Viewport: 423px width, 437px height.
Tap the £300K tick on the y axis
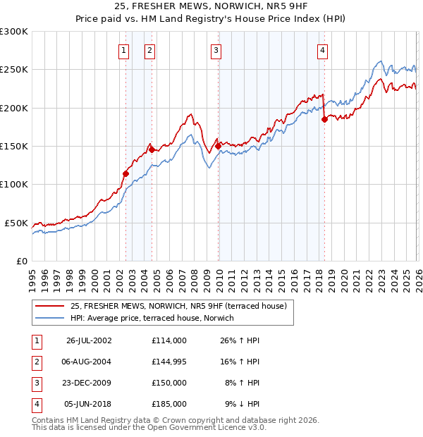[14, 32]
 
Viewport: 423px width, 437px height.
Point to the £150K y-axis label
[14, 147]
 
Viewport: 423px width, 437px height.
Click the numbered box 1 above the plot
[124, 50]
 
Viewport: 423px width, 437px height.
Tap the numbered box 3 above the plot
[215, 50]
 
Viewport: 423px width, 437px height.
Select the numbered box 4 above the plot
[322, 50]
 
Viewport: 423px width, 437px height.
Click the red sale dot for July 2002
[126, 173]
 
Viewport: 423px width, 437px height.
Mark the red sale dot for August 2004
[152, 149]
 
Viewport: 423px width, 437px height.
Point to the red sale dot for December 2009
[219, 146]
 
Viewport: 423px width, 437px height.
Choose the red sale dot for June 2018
[324, 119]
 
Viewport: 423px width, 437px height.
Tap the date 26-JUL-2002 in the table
[89, 340]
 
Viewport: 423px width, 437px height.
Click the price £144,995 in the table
[168, 361]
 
